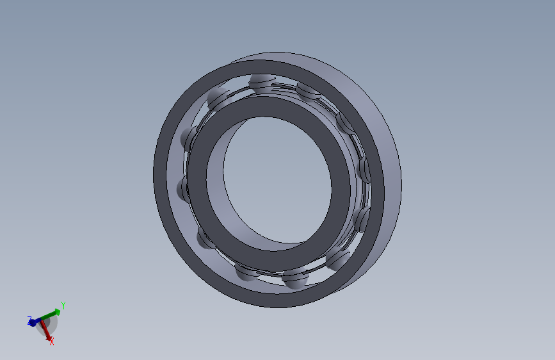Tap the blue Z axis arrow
click(35, 322)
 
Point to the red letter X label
click(52, 341)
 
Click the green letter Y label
click(63, 306)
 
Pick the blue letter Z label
click(29, 320)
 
